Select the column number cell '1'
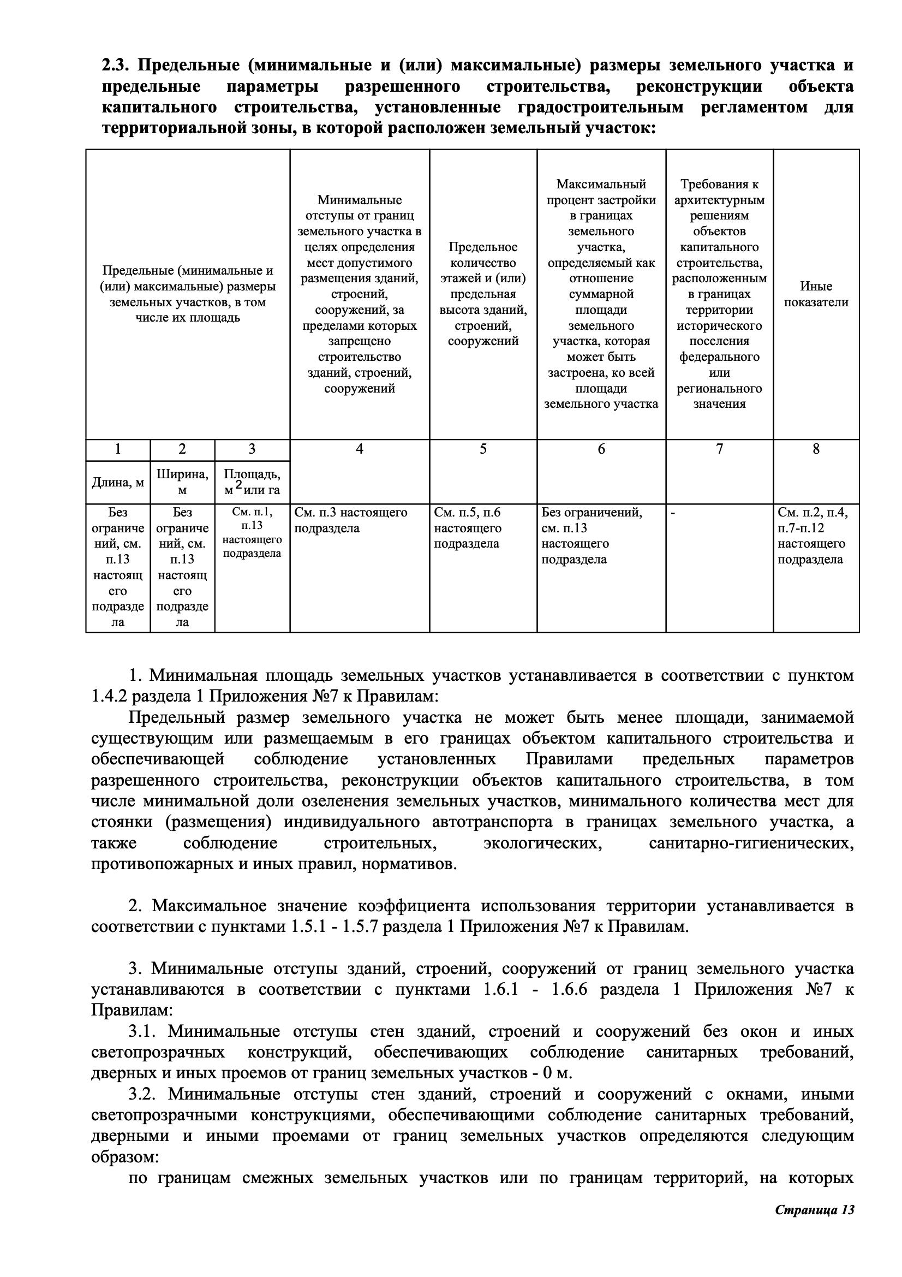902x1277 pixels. click(x=118, y=449)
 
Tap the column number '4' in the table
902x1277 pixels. click(x=360, y=449)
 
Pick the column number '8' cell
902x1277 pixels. click(x=816, y=449)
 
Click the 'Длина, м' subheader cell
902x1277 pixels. click(x=118, y=482)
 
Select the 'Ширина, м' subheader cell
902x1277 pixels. click(x=182, y=482)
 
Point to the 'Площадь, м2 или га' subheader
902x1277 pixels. click(x=252, y=482)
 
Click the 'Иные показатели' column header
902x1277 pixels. click(x=816, y=294)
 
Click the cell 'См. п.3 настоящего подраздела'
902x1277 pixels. click(x=351, y=520)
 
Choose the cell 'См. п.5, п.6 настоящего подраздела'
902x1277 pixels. click(x=468, y=528)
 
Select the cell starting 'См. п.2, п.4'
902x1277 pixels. click(x=811, y=536)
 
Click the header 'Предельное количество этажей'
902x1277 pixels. click(x=483, y=294)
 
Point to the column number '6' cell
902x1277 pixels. click(x=601, y=449)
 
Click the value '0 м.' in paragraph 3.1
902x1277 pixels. click(x=558, y=1073)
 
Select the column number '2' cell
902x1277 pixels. click(x=182, y=449)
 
